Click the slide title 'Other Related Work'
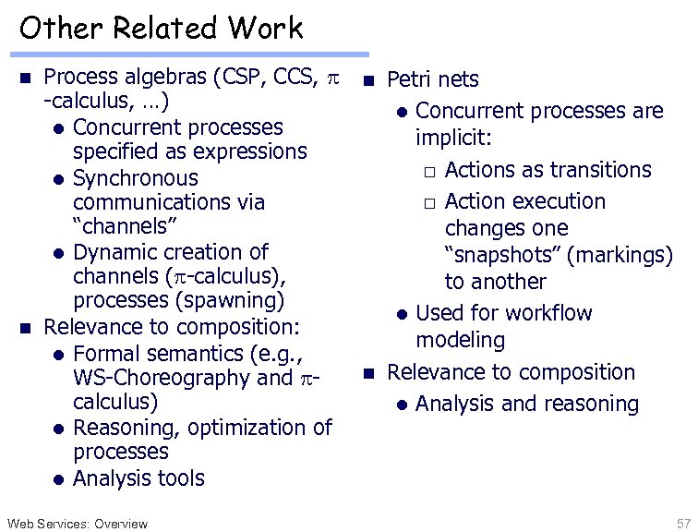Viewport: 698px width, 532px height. click(161, 28)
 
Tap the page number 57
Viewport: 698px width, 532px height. click(682, 524)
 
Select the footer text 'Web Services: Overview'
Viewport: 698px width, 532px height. click(76, 524)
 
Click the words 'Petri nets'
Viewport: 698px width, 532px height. click(433, 80)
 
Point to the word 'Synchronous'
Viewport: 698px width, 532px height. click(135, 177)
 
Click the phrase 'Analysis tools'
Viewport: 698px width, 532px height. click(138, 478)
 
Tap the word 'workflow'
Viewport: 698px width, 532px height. click(545, 313)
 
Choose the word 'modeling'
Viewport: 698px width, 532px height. click(460, 340)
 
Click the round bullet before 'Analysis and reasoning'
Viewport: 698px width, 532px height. click(402, 405)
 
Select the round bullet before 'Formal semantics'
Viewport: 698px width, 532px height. click(58, 355)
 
